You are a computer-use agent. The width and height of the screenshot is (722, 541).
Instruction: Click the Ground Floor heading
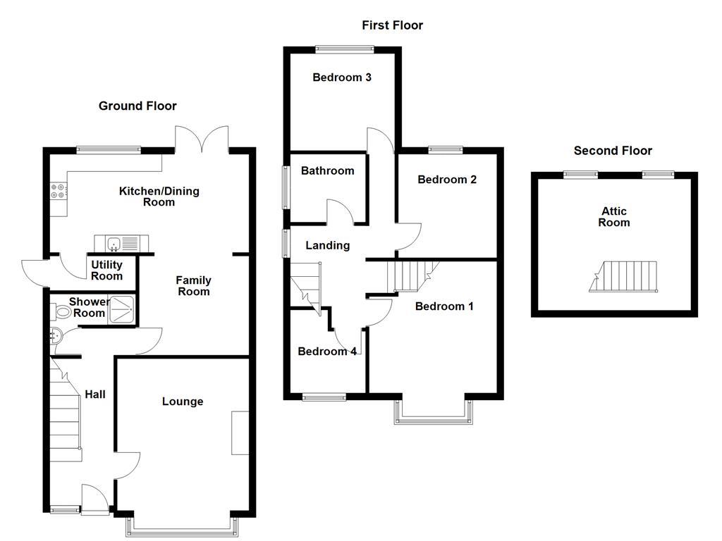click(137, 106)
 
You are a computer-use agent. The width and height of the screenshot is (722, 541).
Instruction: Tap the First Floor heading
click(392, 25)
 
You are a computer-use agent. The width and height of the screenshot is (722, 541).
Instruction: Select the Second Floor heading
click(612, 151)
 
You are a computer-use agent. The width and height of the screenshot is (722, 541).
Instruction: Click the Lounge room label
click(183, 402)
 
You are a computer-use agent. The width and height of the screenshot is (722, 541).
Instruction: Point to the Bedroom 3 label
click(342, 77)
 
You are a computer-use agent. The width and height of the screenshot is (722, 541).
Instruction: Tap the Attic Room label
click(613, 217)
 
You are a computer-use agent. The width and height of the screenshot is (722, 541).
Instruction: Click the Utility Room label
click(106, 270)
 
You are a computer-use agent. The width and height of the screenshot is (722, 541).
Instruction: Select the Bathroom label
click(327, 170)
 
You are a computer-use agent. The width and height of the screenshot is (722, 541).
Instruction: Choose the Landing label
click(327, 246)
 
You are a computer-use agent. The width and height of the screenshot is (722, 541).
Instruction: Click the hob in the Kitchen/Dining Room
click(58, 190)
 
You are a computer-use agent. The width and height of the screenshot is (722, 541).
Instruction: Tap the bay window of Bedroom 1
click(433, 411)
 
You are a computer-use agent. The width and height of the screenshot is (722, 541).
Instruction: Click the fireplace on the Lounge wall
click(240, 433)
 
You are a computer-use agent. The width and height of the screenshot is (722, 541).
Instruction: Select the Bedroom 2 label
click(447, 180)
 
